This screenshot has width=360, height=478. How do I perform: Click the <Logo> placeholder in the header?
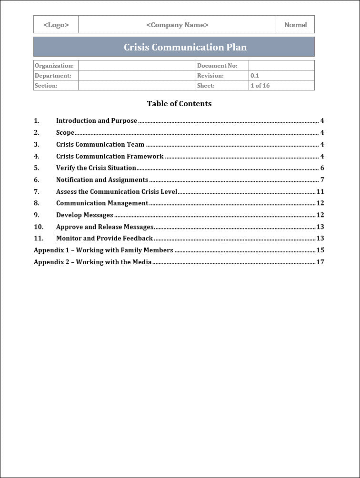pos(56,25)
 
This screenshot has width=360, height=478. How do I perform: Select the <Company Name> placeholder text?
pos(177,25)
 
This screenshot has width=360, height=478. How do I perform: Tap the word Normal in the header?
pos(295,25)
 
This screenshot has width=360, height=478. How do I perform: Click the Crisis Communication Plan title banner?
pos(185,47)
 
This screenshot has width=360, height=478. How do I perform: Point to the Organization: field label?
pos(54,66)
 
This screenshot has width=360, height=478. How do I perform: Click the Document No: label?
pos(217,66)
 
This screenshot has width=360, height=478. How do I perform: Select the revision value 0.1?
pos(255,76)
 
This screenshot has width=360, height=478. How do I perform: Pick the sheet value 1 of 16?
pos(260,86)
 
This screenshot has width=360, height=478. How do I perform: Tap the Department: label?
pos(53,76)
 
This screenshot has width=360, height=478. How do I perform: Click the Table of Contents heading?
pos(179,104)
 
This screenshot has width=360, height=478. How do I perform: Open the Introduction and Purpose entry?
pos(97,121)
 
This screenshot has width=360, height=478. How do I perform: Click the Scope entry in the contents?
pos(65,133)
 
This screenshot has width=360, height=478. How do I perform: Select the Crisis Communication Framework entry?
pos(110,156)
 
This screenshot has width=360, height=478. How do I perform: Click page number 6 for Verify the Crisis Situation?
pos(322,168)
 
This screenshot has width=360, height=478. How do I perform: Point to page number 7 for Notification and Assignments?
pos(322,180)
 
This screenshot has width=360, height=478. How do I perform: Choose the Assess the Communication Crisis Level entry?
pos(117,192)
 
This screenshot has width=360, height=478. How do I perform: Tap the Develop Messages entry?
pos(85,215)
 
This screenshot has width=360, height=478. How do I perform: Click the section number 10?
pos(39,227)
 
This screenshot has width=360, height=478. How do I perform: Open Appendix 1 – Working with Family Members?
pos(103,250)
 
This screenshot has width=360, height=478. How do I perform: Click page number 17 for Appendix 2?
pos(320,262)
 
